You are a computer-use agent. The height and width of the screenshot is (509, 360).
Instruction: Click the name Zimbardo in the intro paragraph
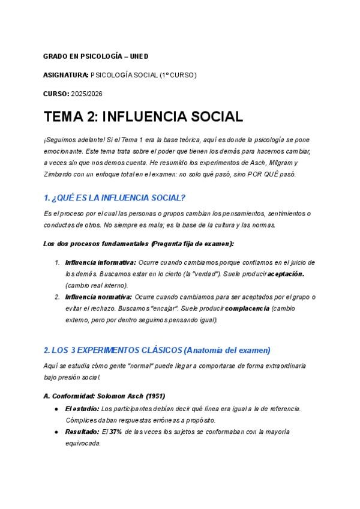click(59, 174)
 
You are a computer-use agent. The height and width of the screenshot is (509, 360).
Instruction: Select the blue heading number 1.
click(47, 198)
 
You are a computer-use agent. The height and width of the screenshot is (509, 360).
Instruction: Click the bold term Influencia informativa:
click(100, 262)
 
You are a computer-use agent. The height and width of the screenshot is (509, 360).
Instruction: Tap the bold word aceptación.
click(286, 274)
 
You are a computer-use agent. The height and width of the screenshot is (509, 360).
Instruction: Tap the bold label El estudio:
click(82, 409)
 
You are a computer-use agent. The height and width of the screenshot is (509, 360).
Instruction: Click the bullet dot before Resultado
click(56, 432)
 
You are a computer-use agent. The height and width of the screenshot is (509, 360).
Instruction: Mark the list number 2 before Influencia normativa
click(57, 297)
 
